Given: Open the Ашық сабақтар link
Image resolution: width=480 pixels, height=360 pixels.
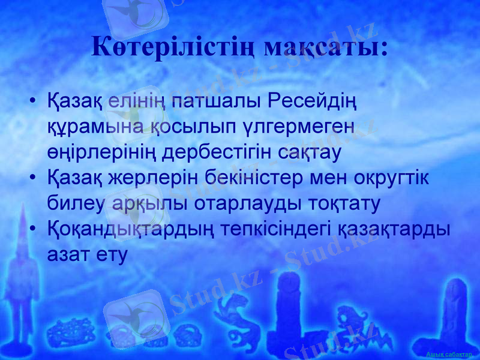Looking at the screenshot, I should click(x=449, y=355).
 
